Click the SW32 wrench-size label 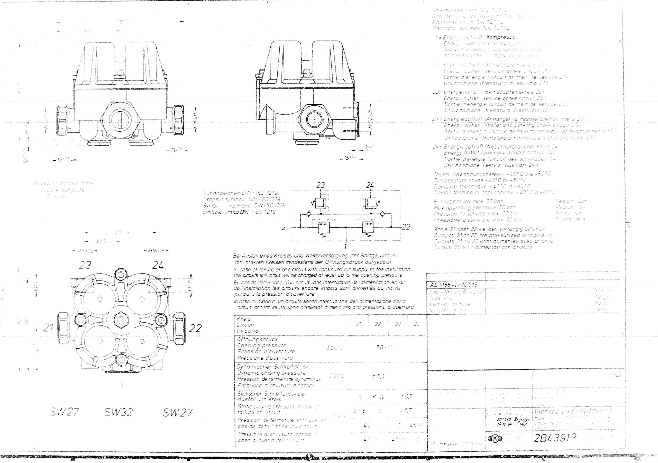click(x=119, y=412)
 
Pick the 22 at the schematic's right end click(x=406, y=227)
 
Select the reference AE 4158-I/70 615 click(x=454, y=285)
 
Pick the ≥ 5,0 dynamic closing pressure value click(x=378, y=376)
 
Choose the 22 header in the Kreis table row click(x=378, y=324)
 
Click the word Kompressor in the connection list click(x=504, y=37)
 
